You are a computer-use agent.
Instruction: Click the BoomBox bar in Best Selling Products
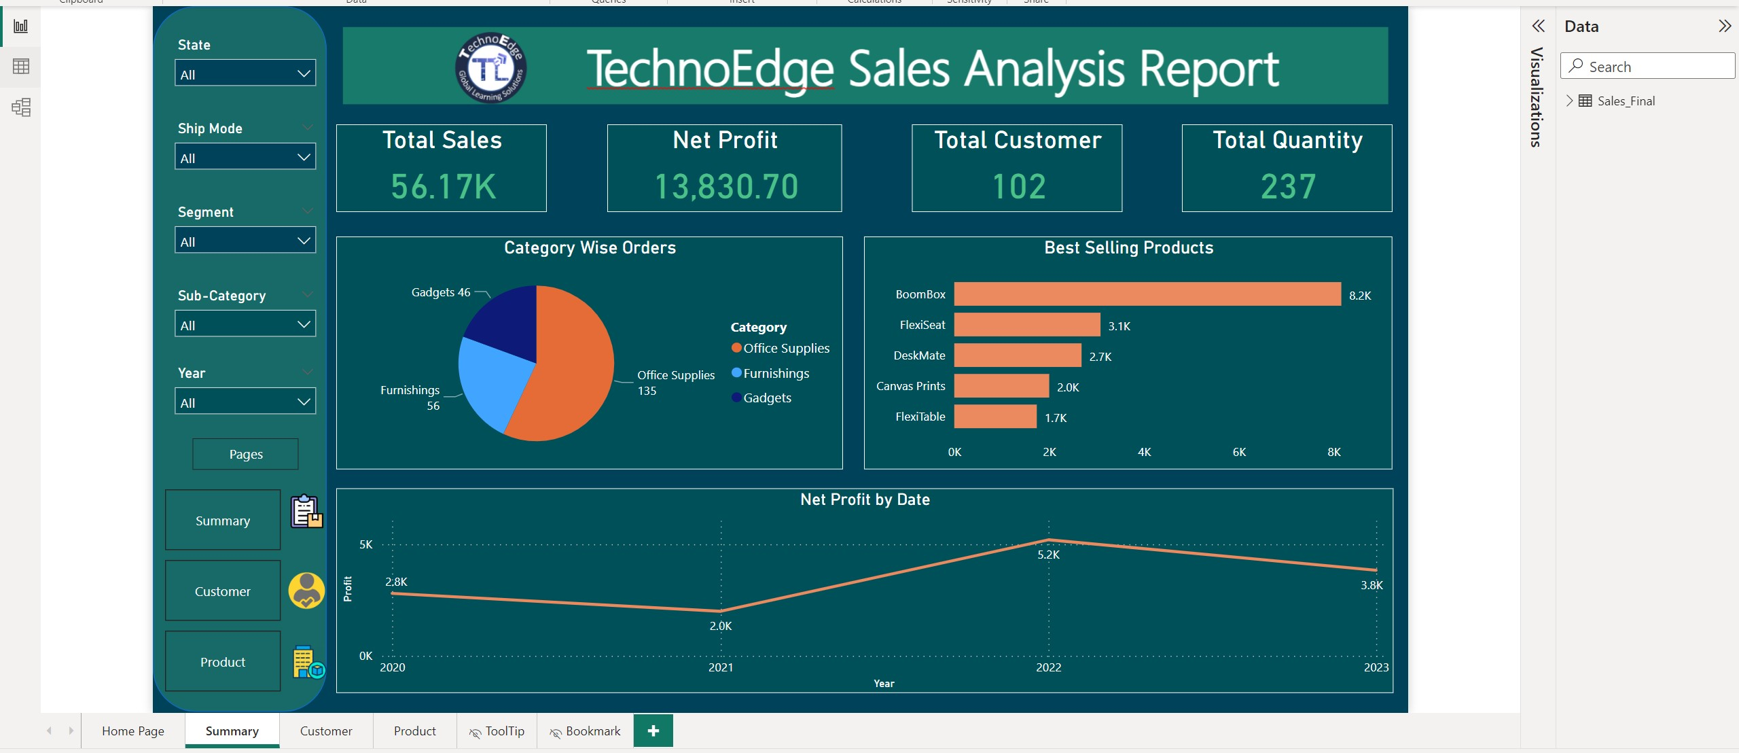click(1147, 294)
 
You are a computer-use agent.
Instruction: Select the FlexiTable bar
click(994, 417)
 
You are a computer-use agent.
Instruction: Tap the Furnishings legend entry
click(775, 373)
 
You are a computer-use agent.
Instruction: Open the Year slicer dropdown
click(245, 402)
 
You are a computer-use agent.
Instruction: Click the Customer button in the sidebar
click(223, 591)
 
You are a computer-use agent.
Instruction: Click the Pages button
click(245, 454)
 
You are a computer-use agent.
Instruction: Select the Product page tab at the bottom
click(414, 731)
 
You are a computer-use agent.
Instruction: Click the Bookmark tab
click(585, 731)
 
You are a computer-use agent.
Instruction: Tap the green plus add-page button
click(653, 731)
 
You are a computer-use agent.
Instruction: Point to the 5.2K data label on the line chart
click(1048, 555)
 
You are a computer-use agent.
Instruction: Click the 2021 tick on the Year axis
click(720, 667)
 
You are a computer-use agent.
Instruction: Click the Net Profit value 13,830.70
click(725, 186)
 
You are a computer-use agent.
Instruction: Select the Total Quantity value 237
click(1288, 186)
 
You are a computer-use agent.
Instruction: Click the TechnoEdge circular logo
click(490, 67)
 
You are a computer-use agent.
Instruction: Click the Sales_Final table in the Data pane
click(1626, 101)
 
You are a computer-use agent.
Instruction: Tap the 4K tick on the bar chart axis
click(1144, 452)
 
